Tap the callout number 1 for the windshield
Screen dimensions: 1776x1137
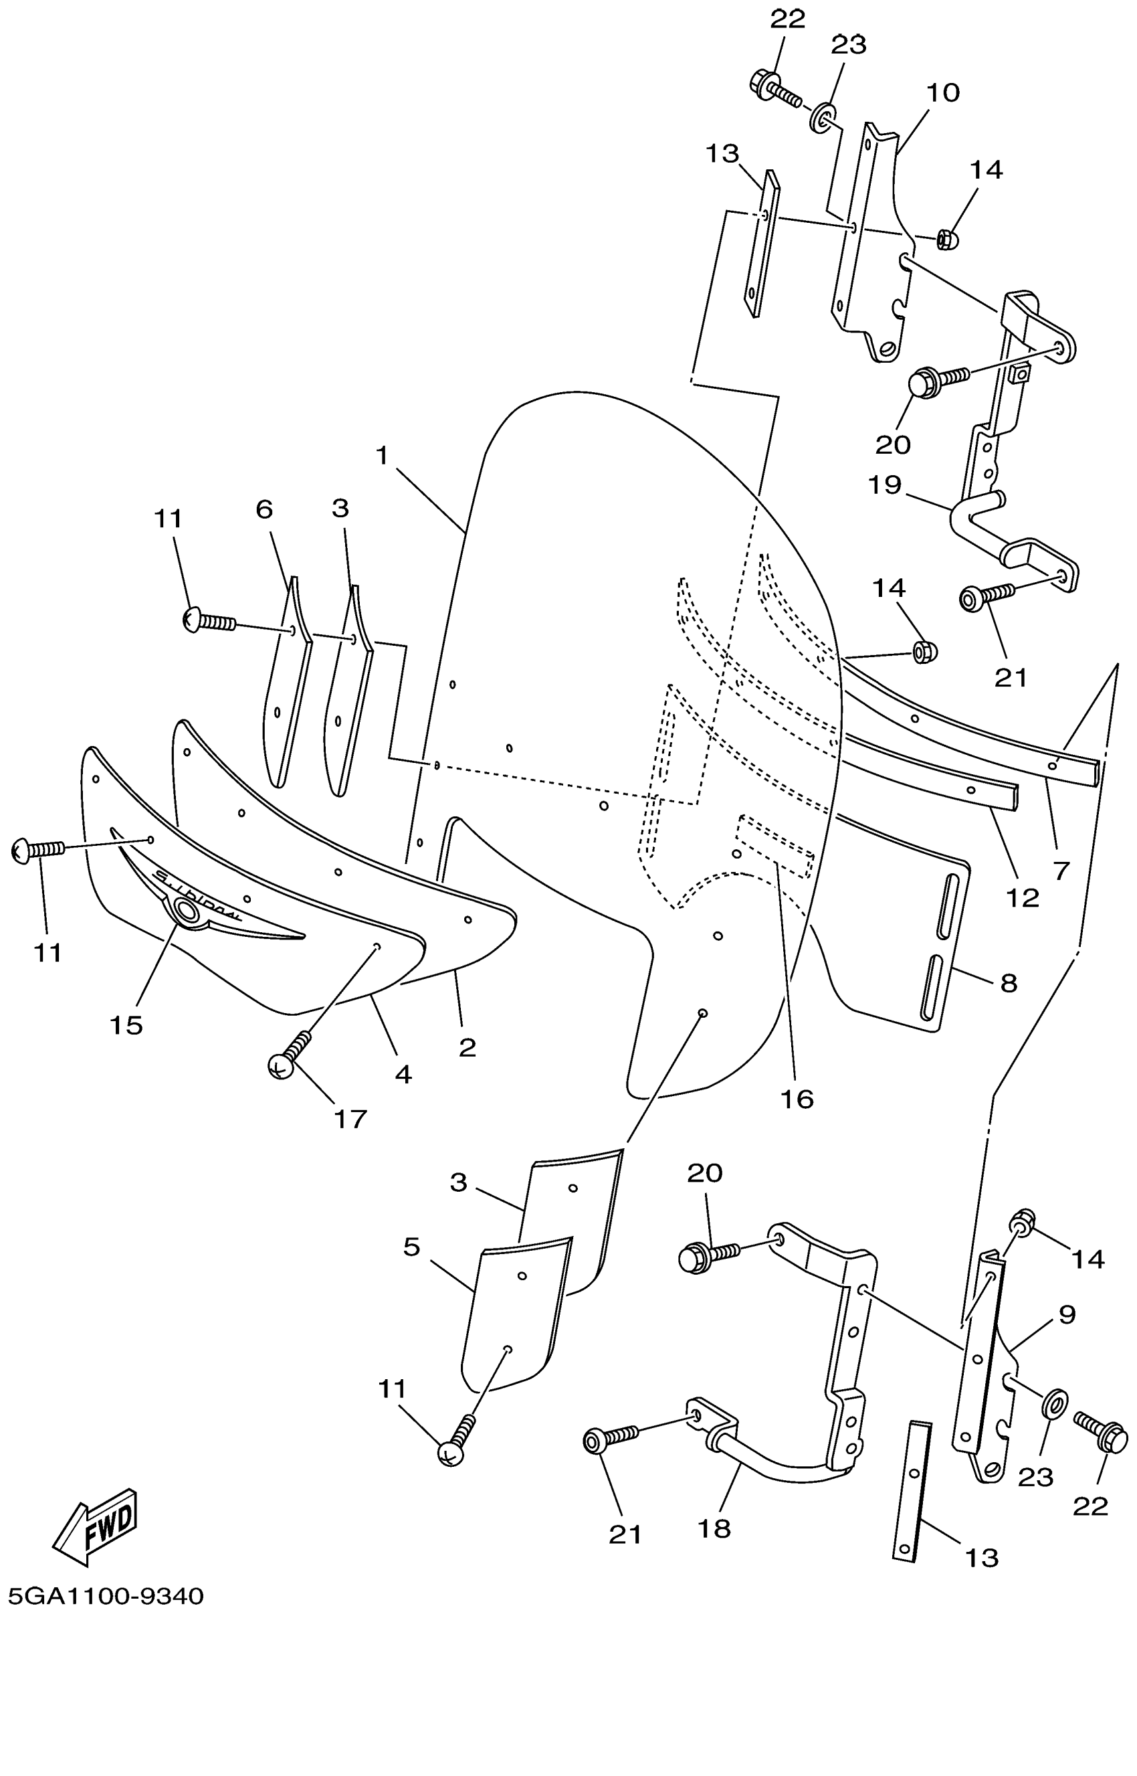[382, 456]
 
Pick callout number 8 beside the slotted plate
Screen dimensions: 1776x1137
[1009, 982]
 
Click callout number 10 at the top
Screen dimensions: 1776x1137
[943, 93]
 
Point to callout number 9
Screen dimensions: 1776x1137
[1067, 1314]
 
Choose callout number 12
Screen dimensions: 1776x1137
[1023, 897]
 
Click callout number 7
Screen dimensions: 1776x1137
[1061, 871]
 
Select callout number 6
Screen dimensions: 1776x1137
[264, 509]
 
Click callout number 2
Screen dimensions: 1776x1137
[467, 1047]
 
